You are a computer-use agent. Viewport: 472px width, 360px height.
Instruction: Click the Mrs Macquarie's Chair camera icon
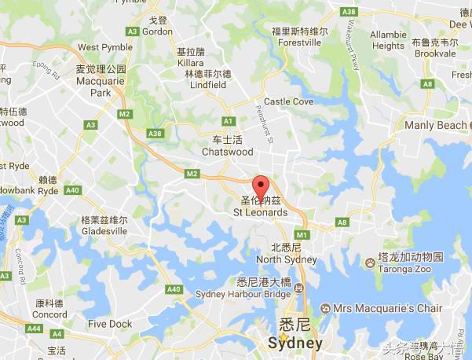(327, 308)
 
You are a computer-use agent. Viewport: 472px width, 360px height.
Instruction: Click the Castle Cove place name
(288, 101)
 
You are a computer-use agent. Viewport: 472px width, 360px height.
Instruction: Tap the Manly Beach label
(434, 125)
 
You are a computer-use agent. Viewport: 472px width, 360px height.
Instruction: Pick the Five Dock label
(110, 324)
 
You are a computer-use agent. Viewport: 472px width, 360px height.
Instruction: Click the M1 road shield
(300, 235)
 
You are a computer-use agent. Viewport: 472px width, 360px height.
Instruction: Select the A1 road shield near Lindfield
(229, 120)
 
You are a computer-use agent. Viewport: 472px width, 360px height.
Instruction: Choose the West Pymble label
(100, 47)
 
